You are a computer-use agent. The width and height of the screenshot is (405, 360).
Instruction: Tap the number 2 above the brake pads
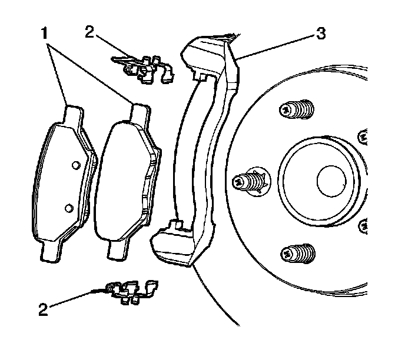[x=89, y=31]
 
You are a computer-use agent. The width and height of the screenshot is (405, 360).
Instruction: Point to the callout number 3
[x=320, y=34]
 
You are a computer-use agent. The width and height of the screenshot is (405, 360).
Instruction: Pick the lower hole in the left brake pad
[x=69, y=207]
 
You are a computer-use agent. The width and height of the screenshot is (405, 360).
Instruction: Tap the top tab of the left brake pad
[x=73, y=114]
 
